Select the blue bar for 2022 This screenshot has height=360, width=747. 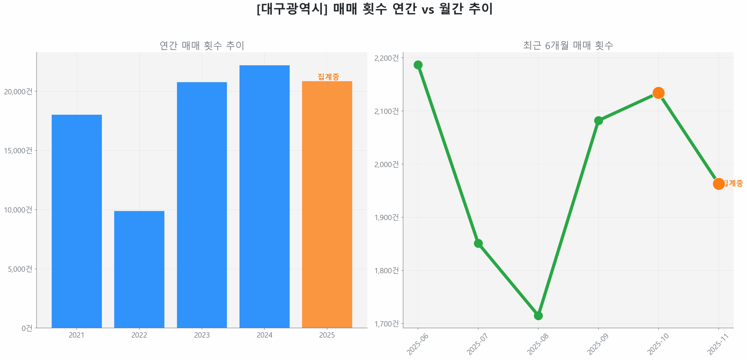(139, 268)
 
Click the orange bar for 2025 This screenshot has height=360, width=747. (327, 204)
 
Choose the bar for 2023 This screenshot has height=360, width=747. (202, 205)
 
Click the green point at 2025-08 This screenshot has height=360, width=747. (538, 315)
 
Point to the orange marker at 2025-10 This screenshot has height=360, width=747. (658, 93)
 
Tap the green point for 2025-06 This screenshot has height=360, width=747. (418, 65)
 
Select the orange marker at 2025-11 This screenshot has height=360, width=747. (718, 184)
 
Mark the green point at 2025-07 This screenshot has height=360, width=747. (478, 243)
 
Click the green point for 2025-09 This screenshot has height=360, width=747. (598, 120)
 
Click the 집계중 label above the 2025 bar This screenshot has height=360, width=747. (328, 77)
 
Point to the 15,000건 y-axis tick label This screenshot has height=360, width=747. (18, 151)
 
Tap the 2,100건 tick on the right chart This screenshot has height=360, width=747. (386, 111)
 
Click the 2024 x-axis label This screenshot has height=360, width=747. (264, 335)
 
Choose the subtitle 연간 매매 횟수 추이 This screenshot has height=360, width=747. (202, 46)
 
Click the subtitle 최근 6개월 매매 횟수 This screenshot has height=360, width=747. (568, 46)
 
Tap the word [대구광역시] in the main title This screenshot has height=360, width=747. (292, 9)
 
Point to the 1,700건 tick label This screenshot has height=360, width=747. (386, 324)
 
